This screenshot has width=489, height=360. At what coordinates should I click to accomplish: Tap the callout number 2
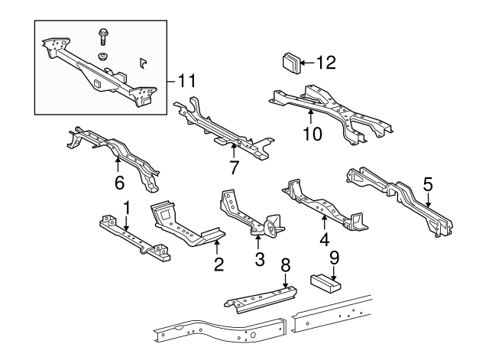[x=219, y=264]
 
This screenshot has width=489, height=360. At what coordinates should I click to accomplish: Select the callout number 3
[x=259, y=260]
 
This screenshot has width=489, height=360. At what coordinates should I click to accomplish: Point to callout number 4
[x=324, y=238]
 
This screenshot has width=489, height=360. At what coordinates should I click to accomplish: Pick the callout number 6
[x=118, y=183]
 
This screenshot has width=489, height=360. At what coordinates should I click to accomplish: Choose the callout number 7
[x=235, y=166]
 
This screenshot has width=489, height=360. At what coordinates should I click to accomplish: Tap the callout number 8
[x=286, y=265]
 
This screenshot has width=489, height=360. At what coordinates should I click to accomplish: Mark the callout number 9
[x=333, y=258]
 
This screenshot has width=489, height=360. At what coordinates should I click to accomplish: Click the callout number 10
[x=312, y=134]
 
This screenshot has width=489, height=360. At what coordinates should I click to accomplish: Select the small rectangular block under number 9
[x=325, y=280]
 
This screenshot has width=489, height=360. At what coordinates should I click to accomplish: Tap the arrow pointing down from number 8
[x=286, y=281]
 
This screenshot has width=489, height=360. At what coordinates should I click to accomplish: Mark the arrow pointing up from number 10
[x=312, y=117]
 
